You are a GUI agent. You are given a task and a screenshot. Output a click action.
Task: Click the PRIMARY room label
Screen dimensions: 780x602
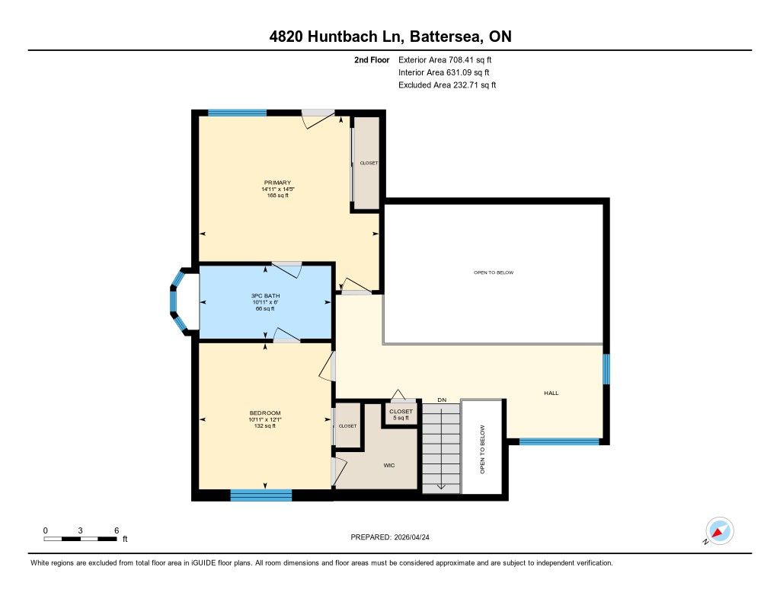pos(277,183)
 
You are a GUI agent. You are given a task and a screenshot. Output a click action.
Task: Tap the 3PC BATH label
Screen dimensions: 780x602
pos(266,296)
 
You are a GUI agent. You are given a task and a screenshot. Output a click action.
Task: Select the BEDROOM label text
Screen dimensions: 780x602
pos(265,412)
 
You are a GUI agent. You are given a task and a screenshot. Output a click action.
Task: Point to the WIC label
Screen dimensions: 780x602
pos(389,465)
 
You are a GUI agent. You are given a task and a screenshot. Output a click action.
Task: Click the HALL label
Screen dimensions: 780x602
pos(551,393)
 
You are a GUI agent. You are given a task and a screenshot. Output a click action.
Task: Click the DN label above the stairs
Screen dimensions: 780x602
pos(442,400)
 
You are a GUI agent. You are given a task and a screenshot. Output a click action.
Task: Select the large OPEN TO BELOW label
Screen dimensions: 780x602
pos(494,272)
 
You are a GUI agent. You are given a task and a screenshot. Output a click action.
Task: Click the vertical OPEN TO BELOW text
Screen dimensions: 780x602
pos(482,449)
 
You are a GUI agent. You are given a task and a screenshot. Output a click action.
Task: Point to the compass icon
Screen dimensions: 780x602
pos(720,531)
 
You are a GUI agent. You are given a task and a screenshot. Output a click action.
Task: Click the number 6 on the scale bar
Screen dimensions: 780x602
pos(117,530)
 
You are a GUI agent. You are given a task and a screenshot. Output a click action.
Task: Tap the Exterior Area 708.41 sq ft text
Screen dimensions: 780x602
pos(445,59)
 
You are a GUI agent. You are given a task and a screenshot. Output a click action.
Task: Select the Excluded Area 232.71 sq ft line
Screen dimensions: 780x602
pos(447,85)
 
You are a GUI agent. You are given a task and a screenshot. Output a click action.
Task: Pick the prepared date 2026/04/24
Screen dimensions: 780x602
pos(412,537)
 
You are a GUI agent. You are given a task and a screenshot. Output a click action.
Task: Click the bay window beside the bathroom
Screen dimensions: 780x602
pos(178,301)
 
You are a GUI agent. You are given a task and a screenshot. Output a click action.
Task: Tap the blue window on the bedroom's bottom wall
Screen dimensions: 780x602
pos(261,495)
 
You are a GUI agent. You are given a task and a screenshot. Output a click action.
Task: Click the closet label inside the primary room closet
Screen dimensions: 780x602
pos(369,163)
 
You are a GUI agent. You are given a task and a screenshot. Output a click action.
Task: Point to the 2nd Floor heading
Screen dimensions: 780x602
pos(372,59)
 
